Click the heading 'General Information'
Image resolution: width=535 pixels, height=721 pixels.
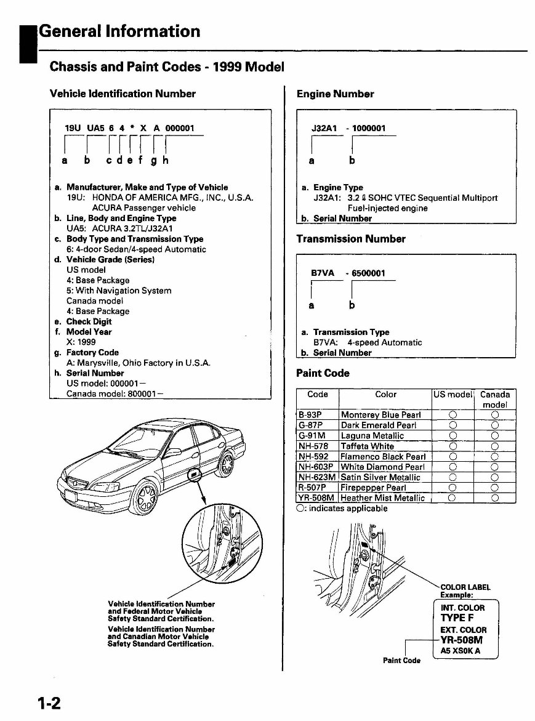[x=119, y=31]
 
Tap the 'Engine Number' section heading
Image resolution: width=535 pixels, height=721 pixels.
[x=335, y=94]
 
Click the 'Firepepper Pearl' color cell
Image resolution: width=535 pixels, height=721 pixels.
[x=373, y=488]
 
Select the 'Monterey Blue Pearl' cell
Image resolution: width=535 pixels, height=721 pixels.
[x=380, y=415]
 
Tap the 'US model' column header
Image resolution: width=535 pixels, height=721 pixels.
[x=452, y=395]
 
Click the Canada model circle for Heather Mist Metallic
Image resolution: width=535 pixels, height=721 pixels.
[x=494, y=498]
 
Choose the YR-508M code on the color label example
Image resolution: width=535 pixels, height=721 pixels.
[x=465, y=640]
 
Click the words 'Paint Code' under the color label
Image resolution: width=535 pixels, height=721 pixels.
[x=401, y=661]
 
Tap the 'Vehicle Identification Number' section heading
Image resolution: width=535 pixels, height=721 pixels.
[x=122, y=94]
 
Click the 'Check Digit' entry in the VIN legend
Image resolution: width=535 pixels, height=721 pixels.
[x=89, y=321]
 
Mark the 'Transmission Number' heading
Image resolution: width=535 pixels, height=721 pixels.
[x=351, y=239]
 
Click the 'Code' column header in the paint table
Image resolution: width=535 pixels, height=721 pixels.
[x=317, y=395]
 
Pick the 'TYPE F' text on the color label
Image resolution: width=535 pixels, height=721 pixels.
[x=457, y=618]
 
